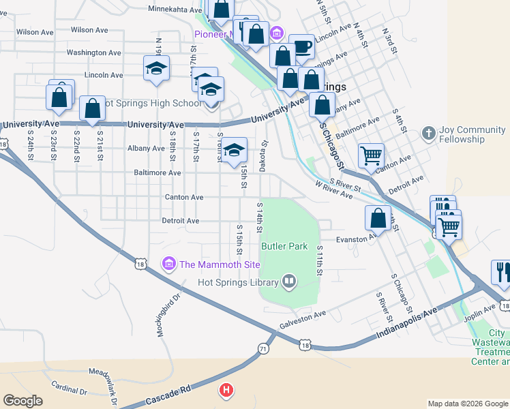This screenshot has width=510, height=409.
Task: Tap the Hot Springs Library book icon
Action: click(x=289, y=282)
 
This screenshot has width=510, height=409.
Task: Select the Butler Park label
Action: click(x=284, y=246)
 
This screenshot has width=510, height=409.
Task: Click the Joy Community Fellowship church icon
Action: click(x=429, y=132)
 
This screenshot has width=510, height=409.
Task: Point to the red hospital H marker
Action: click(x=226, y=391)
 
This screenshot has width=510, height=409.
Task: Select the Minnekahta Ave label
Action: click(x=175, y=9)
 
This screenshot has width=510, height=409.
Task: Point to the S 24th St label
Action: click(x=31, y=145)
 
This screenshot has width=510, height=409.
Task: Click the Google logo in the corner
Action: click(x=23, y=401)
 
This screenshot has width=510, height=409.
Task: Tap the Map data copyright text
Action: click(x=468, y=404)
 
